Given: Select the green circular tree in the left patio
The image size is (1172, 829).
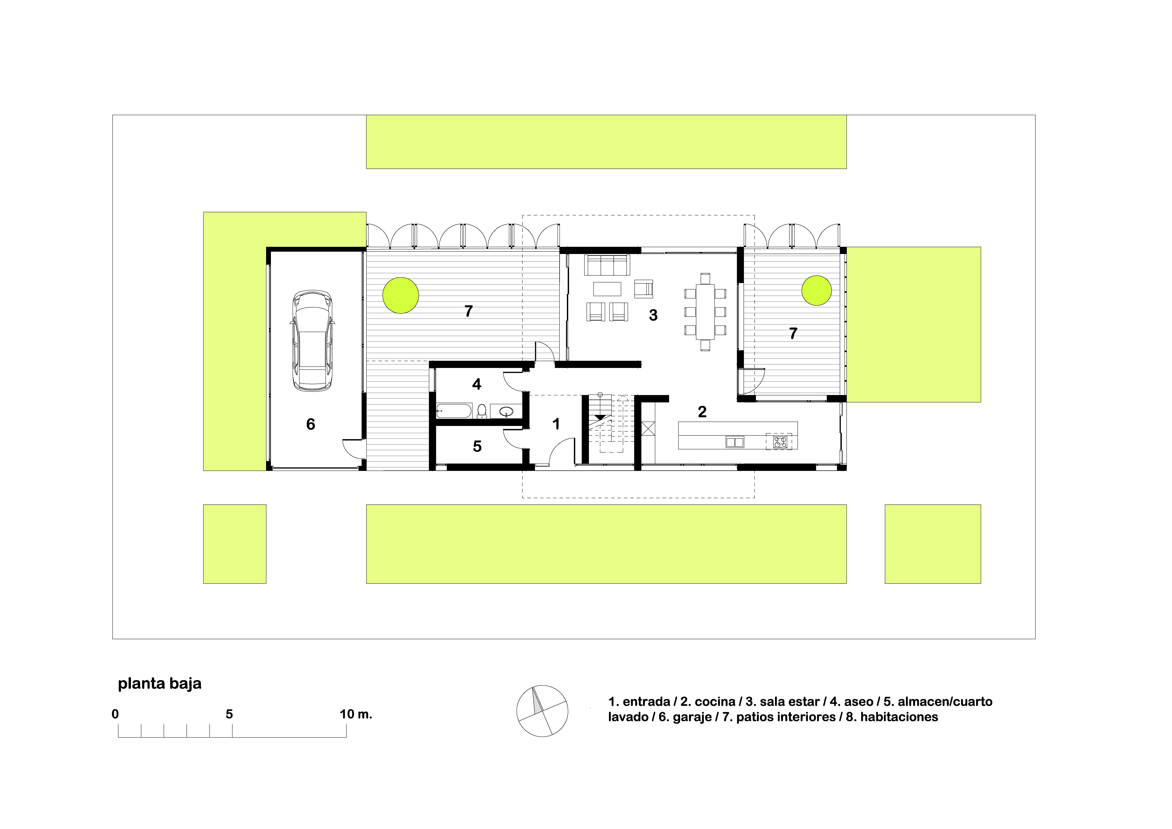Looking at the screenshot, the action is tap(401, 295).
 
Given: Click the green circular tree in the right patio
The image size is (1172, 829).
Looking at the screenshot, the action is tap(817, 291).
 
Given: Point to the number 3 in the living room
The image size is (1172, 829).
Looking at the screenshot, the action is tap(653, 315).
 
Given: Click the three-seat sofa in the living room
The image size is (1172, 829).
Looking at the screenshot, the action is tap(607, 265).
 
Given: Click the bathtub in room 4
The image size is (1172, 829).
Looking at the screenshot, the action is tap(454, 411).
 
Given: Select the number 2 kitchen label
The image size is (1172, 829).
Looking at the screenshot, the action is tap(702, 412).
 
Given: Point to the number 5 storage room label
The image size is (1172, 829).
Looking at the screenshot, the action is tap(477, 447).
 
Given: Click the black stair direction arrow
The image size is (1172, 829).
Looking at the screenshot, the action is tap(600, 417).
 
